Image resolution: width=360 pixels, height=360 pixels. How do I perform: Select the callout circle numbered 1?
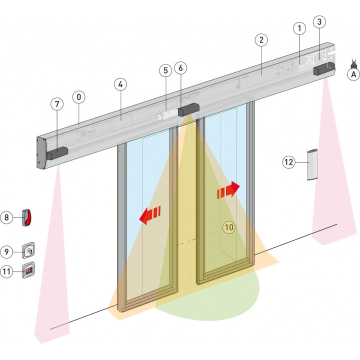[x=299, y=29]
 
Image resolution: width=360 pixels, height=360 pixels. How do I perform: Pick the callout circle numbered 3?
[x=320, y=22]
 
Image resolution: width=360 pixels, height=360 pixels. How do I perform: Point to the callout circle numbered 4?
[x=120, y=84]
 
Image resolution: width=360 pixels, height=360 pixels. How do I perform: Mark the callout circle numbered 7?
[x=57, y=104]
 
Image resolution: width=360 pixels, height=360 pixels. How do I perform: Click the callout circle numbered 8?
[x=7, y=217]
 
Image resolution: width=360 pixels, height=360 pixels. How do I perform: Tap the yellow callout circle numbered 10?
[x=229, y=226]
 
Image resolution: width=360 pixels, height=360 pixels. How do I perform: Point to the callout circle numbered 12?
[x=289, y=162]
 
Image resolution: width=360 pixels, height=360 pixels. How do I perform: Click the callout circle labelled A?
[x=353, y=74]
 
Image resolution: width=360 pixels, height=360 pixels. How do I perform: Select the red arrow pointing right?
[x=227, y=190]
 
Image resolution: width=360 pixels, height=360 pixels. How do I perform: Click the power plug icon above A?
[x=354, y=63]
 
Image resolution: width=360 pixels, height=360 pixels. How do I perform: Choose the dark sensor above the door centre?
[x=189, y=109]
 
